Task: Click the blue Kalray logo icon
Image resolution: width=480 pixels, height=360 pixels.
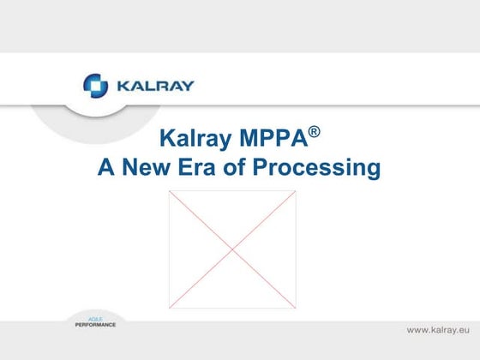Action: click(95, 86)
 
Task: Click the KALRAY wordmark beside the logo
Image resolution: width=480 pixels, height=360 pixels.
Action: click(152, 86)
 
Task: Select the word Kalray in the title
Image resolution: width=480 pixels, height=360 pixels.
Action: click(199, 141)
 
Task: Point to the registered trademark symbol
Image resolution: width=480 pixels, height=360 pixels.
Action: click(315, 132)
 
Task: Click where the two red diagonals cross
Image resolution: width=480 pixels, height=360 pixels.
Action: click(232, 249)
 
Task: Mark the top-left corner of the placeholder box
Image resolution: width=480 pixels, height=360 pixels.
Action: click(169, 191)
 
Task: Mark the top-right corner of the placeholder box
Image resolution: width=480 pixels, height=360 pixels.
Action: click(296, 191)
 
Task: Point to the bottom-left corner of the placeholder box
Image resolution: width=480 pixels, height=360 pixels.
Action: click(169, 308)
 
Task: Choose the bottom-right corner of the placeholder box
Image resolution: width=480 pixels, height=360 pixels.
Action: click(296, 308)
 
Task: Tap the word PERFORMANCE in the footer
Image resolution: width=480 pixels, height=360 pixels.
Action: click(90, 325)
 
